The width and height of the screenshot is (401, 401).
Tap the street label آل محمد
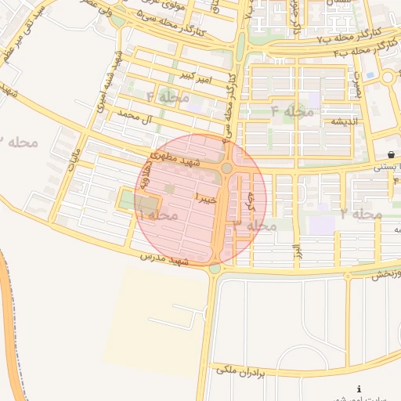tap(133, 118)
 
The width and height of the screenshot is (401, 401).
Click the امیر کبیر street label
tap(196, 75)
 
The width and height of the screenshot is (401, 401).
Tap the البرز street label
tap(297, 251)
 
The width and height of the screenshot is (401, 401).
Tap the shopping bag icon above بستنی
tap(391, 154)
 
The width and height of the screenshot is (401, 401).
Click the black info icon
tap(359, 389)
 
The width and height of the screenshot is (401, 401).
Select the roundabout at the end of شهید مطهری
tap(227, 168)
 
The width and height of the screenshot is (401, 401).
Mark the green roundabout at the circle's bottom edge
tap(215, 269)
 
